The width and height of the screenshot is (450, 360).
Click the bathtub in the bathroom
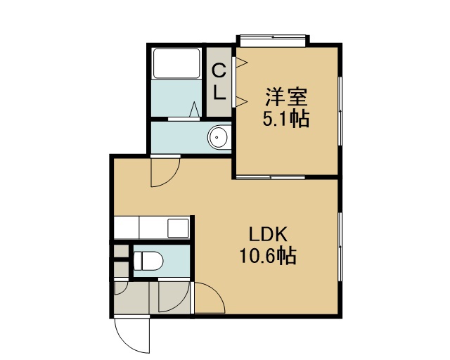(x=176, y=63)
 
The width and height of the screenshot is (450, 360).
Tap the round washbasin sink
(x=218, y=136)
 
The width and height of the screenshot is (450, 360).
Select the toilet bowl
(x=148, y=261)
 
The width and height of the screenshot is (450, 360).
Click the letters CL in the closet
(x=219, y=82)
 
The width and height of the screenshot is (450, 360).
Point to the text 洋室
(x=286, y=97)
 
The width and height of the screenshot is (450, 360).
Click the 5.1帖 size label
(x=286, y=118)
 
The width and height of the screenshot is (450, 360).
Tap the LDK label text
(x=268, y=234)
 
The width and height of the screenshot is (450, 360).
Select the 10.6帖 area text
(x=268, y=255)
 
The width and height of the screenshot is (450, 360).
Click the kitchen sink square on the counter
(x=178, y=228)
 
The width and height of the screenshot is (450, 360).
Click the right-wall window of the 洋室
(x=340, y=111)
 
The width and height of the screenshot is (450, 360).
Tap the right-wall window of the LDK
(x=340, y=247)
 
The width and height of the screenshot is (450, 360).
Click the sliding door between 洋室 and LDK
(x=270, y=177)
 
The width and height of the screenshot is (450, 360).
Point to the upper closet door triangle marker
(x=241, y=63)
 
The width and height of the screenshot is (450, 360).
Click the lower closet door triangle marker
(x=241, y=102)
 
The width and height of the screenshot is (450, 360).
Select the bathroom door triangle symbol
(x=195, y=109)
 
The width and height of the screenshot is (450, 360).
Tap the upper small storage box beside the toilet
(x=121, y=251)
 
